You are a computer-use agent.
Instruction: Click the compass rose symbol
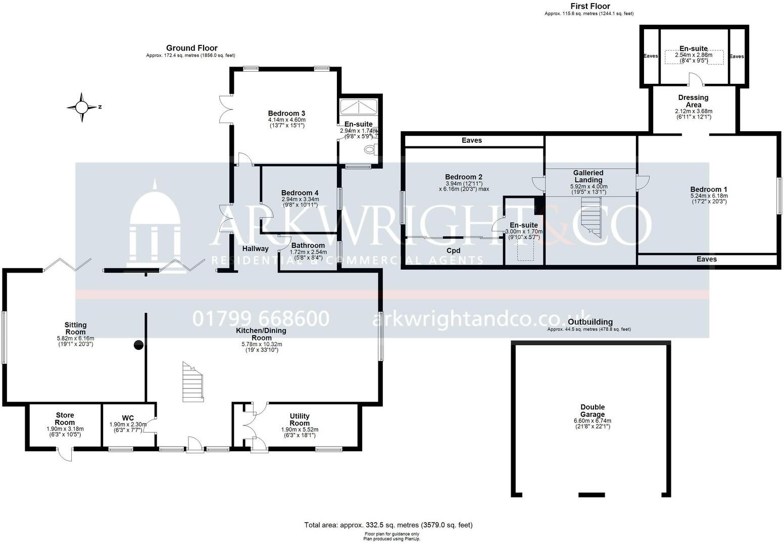click(x=81, y=107)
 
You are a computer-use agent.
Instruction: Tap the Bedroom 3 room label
click(x=286, y=113)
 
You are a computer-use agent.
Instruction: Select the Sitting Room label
click(x=75, y=329)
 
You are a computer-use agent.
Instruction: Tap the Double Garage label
click(x=592, y=411)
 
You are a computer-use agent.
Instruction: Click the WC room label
click(x=128, y=418)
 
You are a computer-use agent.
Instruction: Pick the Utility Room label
click(x=300, y=419)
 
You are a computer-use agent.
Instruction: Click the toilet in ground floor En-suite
click(x=370, y=149)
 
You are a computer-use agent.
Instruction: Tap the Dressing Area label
click(x=693, y=101)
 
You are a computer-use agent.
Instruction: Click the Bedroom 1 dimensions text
click(x=709, y=198)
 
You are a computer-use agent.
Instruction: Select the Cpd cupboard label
click(x=453, y=250)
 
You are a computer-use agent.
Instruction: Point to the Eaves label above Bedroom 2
click(x=472, y=140)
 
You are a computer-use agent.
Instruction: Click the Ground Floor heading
click(x=191, y=48)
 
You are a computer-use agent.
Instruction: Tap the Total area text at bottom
click(x=388, y=525)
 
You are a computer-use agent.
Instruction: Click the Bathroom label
click(x=308, y=245)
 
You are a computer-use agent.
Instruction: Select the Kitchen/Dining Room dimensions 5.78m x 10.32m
click(x=262, y=344)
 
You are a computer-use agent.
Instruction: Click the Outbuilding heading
click(x=590, y=322)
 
